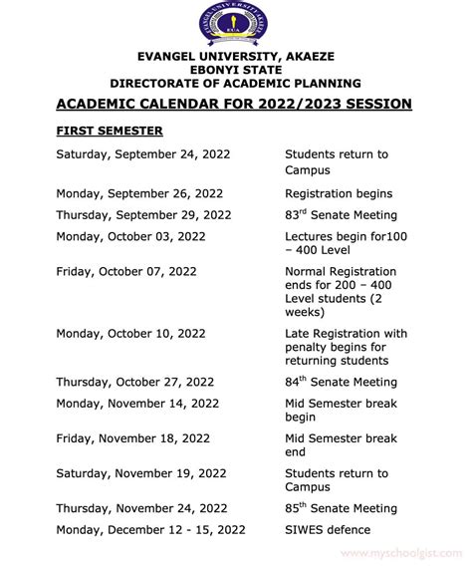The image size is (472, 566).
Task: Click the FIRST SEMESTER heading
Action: point(110,131)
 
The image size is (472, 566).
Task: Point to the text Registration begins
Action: point(339,193)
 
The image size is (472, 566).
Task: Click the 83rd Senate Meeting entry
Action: point(341,214)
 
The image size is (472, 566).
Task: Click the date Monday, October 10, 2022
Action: point(130,333)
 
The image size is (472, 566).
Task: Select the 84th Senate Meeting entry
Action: point(341,382)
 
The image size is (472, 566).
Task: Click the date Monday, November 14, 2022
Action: point(137,404)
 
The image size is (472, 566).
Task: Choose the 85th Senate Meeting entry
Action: point(341,508)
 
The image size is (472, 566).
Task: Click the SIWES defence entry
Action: point(328,530)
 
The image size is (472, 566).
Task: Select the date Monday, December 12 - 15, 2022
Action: point(149,530)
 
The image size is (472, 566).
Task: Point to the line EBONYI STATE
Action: point(235,70)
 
